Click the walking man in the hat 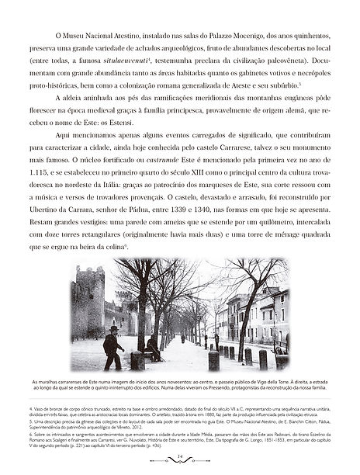[112, 348]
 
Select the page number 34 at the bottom [179, 458]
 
